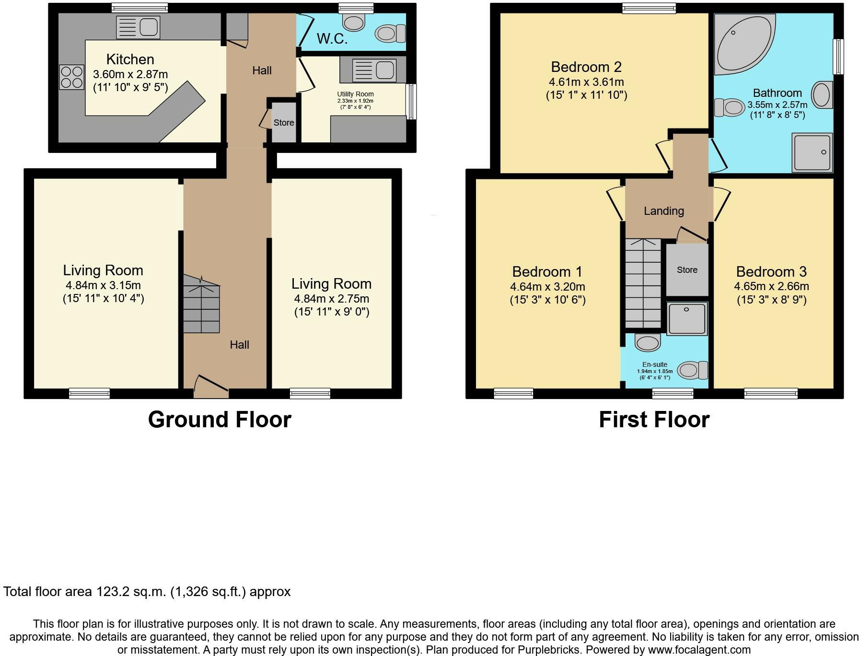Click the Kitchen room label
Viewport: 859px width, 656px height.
pos(130,59)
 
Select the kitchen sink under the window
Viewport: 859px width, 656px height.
pos(138,27)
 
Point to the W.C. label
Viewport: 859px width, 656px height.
pos(332,38)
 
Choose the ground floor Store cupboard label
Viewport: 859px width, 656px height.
pos(284,123)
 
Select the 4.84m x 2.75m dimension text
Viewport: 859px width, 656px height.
pos(332,299)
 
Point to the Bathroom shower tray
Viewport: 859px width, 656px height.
pos(812,152)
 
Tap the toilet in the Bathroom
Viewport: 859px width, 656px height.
pos(729,107)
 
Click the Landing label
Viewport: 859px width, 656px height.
pos(664,211)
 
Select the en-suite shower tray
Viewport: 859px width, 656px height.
pos(687,318)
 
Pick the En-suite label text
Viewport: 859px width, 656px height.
pos(655,364)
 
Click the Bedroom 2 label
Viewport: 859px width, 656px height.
pos(586,67)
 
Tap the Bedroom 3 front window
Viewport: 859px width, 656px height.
pos(771,394)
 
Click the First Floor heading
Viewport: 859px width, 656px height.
pos(654,420)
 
